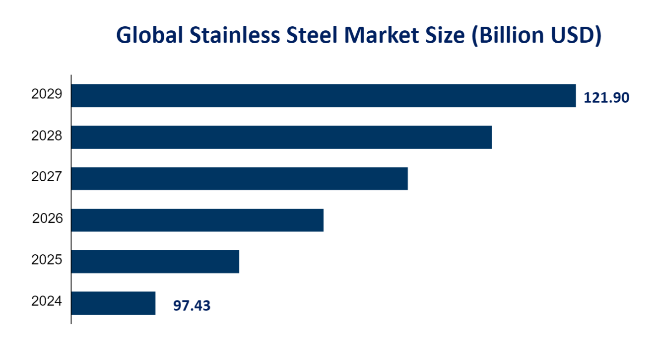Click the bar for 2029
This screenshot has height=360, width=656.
tap(324, 95)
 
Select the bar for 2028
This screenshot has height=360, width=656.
tap(281, 137)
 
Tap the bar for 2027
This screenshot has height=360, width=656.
tap(239, 178)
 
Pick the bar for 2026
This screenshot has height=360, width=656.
tap(197, 220)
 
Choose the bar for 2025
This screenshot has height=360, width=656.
tap(155, 261)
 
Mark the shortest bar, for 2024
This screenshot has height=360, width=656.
tap(114, 303)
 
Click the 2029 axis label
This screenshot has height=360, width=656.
tap(47, 94)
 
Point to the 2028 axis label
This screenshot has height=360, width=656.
tap(47, 136)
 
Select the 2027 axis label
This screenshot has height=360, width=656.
tap(47, 177)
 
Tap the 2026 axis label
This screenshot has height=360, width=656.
tap(48, 218)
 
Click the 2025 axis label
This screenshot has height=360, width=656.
tap(47, 260)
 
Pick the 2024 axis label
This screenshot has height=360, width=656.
tap(47, 301)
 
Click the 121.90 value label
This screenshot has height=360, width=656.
tap(606, 98)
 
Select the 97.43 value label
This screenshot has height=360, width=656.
tap(192, 306)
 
